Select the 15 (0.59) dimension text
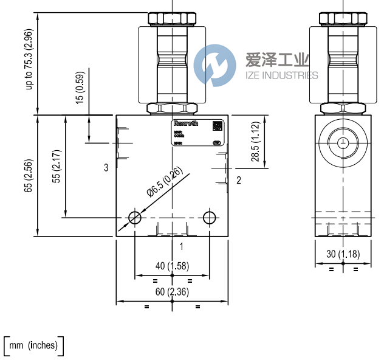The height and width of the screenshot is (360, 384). pos(80,89)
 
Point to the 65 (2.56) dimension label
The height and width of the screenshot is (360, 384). pos(29,176)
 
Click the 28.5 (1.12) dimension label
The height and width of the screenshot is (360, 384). pos(255,142)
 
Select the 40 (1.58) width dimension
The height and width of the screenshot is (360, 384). pos(172,266)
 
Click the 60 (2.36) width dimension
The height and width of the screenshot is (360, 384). pos(172,292)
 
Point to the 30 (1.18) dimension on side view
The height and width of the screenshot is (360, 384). pos(343,254)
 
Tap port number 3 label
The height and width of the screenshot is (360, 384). pos(106,167)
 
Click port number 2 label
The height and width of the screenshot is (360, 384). pos(239,180)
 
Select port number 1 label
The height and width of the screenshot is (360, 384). pos(181,246)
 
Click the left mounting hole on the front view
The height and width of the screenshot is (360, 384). pos(135,218)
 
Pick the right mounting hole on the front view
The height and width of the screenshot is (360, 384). pos(210,218)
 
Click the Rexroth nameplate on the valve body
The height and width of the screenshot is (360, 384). pos(196,133)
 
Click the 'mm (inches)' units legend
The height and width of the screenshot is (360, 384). pos(33,346)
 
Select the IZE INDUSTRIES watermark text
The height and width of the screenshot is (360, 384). pos(281,75)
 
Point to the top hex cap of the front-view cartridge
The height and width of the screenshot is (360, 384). pos(171,18)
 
